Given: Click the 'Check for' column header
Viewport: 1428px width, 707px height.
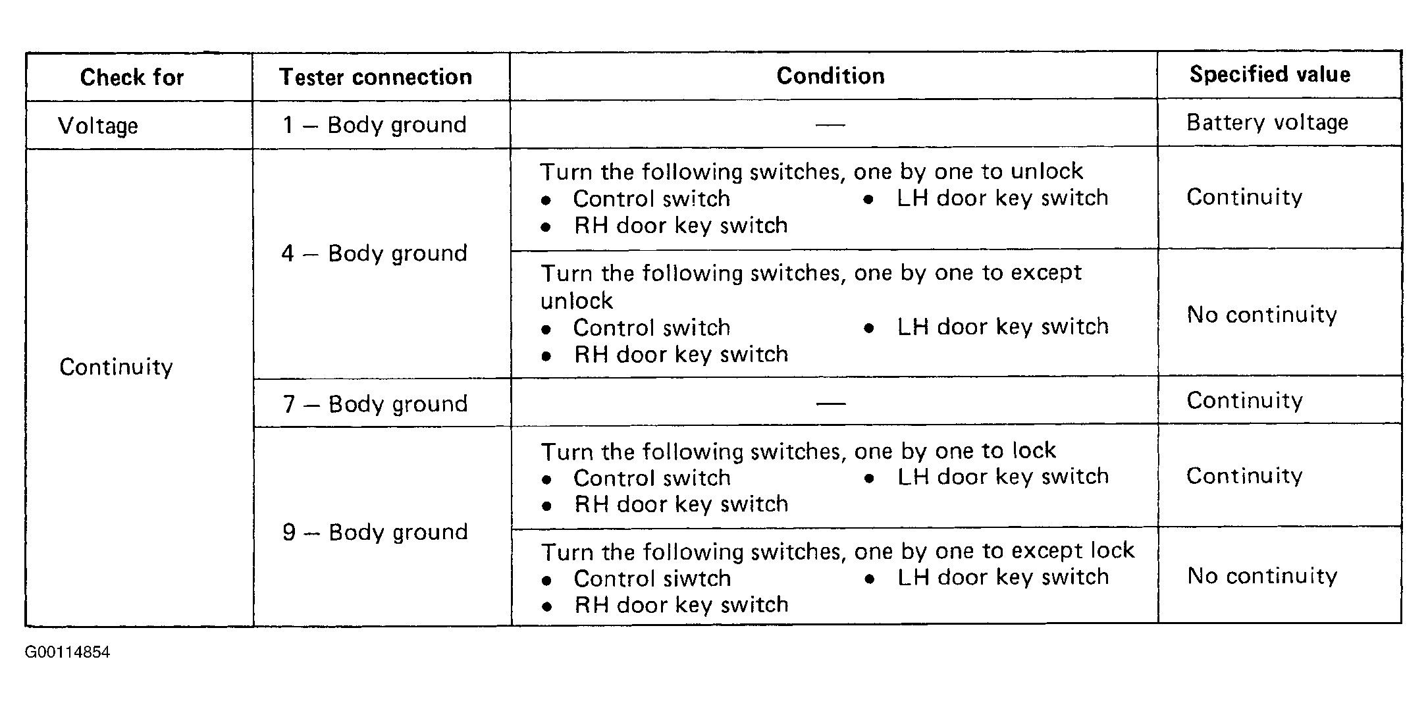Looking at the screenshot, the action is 132,77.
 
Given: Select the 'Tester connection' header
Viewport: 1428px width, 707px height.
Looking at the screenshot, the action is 375,77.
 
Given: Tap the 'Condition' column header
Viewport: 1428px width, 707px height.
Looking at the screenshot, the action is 830,76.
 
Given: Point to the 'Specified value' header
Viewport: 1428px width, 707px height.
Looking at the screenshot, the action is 1269,74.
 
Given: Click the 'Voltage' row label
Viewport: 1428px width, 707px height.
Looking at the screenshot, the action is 98,125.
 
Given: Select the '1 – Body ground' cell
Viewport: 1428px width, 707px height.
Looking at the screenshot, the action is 375,124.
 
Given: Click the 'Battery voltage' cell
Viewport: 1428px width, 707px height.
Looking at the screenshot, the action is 1267,122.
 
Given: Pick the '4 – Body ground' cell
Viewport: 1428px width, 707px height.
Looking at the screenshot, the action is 375,253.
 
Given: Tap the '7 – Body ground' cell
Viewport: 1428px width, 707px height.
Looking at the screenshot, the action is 375,404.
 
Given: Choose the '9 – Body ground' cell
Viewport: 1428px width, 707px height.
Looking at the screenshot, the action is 375,532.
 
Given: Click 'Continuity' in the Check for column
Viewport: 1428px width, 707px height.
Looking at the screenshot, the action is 116,367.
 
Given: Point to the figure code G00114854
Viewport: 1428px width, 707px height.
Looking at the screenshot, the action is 68,652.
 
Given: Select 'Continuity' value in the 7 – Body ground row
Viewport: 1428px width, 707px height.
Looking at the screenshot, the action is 1244,400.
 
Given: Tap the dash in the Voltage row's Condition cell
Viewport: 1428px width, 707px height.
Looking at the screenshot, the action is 830,124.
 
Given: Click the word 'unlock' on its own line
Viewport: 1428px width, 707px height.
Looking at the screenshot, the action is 577,301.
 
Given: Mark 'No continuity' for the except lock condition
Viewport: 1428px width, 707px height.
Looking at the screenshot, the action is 1262,576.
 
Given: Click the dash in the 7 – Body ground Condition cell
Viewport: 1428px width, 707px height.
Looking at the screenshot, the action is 831,404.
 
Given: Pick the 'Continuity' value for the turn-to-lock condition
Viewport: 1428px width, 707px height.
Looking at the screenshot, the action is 1244,476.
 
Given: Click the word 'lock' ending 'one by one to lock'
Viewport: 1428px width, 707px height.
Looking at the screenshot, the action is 1034,450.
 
